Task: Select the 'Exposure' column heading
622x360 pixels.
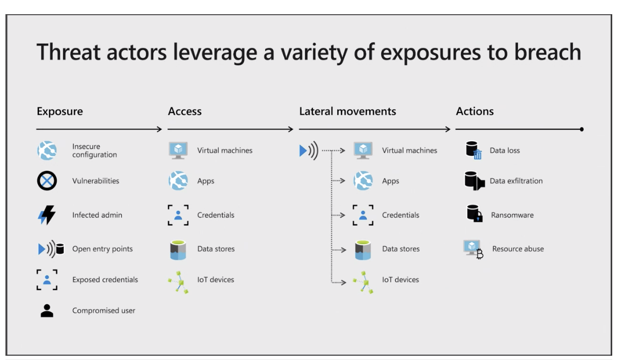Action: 60,111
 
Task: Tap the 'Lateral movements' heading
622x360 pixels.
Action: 348,111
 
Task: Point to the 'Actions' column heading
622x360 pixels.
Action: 475,111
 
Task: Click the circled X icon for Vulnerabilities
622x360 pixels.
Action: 47,181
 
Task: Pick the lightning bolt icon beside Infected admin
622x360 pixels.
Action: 47,215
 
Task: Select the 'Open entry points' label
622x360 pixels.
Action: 103,249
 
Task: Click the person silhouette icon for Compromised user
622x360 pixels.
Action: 47,310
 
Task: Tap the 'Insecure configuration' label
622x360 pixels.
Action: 94,151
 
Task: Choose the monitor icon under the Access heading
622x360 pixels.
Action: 178,151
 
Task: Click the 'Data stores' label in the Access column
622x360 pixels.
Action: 216,249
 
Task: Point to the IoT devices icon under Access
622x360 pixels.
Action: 178,282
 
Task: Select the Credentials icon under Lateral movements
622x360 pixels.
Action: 363,215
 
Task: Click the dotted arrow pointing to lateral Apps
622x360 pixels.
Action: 338,181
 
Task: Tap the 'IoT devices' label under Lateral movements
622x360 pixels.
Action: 400,280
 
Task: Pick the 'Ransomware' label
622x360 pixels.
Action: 512,215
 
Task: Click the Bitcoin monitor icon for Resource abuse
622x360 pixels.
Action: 473,249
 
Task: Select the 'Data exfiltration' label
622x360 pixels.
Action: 516,181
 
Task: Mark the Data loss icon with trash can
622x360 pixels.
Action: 474,150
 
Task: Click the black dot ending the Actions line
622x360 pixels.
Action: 582,129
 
